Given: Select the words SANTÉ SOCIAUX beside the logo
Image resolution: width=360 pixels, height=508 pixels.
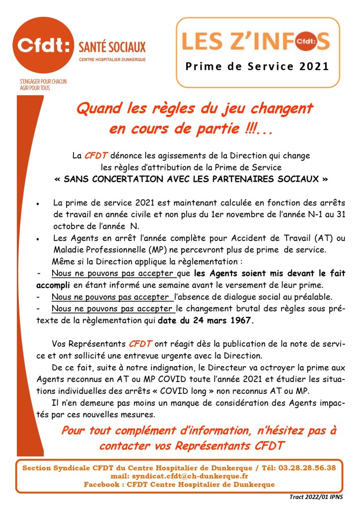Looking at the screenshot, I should (112, 47).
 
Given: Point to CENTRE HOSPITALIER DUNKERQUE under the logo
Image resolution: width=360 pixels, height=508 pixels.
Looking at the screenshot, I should (112, 60).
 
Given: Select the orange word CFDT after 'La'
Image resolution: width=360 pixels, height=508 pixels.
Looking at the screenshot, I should (95, 156).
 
